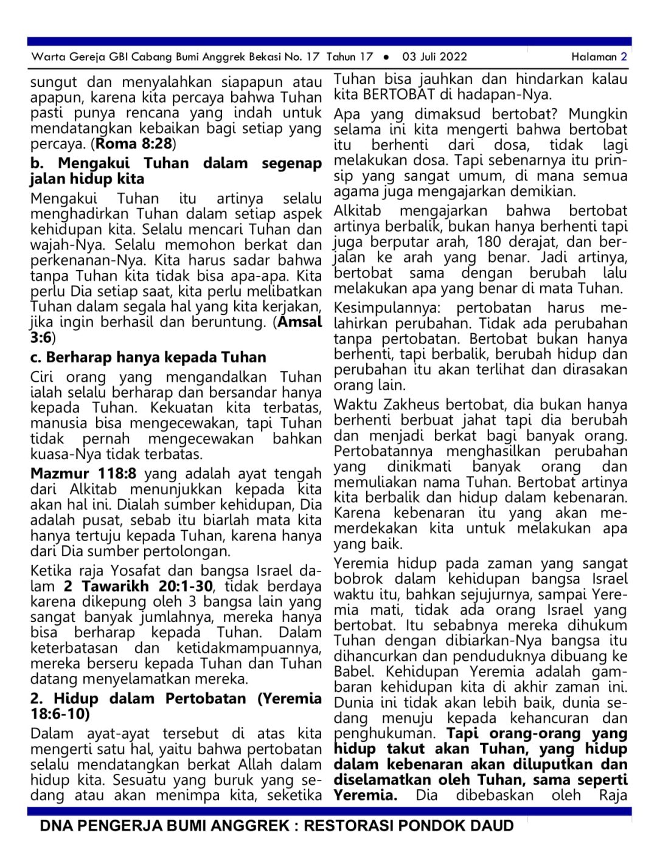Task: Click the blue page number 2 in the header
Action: pyautogui.click(x=624, y=57)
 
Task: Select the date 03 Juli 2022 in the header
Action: pyautogui.click(x=434, y=57)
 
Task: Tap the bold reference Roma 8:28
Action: pyautogui.click(x=134, y=144)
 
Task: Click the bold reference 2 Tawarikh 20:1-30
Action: pyautogui.click(x=138, y=587)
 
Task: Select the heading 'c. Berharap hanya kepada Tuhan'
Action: pyautogui.click(x=148, y=357)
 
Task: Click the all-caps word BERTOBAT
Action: pyautogui.click(x=399, y=95)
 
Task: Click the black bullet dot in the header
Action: pyautogui.click(x=386, y=57)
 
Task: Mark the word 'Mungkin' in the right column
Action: pyautogui.click(x=598, y=114)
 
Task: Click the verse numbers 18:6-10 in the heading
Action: pyautogui.click(x=60, y=714)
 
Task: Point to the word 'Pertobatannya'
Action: pyautogui.click(x=383, y=452)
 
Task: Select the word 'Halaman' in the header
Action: pyautogui.click(x=594, y=57)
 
